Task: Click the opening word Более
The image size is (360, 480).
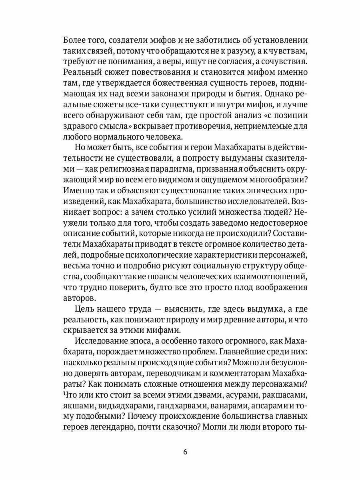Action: [x=76, y=40]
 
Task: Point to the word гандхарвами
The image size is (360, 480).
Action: [x=182, y=406]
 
